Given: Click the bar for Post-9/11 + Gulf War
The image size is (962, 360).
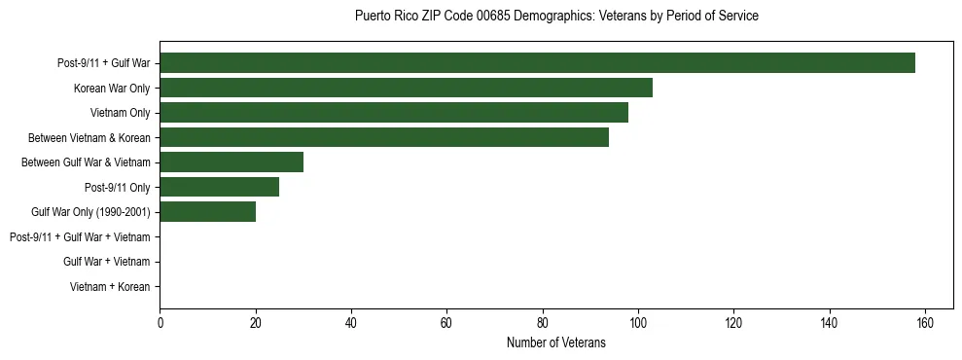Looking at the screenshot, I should click(x=537, y=63).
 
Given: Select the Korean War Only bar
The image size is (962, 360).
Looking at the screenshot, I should click(x=406, y=88).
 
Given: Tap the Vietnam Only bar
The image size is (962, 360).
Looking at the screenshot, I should click(x=394, y=113).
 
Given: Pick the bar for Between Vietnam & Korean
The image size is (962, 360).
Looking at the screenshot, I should click(x=384, y=137).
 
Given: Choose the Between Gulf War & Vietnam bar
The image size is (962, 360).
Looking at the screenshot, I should click(x=232, y=162).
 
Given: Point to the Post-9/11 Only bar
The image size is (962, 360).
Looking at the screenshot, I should click(x=220, y=187).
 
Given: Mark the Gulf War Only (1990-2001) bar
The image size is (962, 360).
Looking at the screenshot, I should click(x=208, y=212).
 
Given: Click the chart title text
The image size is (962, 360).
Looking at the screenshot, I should click(x=556, y=17).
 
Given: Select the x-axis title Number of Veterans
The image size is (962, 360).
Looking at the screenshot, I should click(x=556, y=343).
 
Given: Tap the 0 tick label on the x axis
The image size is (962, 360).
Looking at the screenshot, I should click(x=160, y=324).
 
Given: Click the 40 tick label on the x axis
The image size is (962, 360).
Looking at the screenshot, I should click(x=351, y=324).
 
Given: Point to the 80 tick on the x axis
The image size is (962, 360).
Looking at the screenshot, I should click(x=543, y=324).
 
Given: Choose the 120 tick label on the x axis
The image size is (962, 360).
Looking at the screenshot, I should click(x=733, y=324).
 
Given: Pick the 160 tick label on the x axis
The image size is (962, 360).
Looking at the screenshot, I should click(x=925, y=324).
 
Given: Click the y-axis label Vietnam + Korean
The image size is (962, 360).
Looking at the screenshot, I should click(x=110, y=287).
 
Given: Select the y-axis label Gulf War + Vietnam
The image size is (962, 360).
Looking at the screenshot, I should click(x=106, y=262).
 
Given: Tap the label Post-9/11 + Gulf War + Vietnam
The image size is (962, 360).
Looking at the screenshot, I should click(x=80, y=237).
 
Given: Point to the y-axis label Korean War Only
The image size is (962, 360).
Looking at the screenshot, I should click(x=112, y=89).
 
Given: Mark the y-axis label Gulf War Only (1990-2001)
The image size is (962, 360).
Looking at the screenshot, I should click(x=90, y=212).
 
